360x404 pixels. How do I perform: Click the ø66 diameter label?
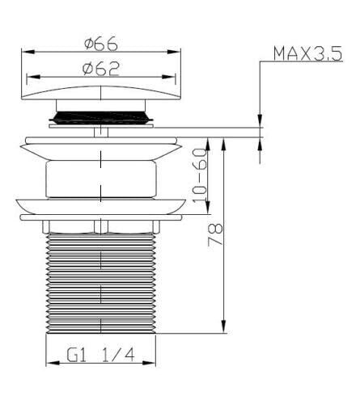pyautogui.click(x=101, y=44)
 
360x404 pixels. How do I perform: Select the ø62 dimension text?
pyautogui.click(x=101, y=69)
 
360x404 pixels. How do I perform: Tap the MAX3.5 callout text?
pyautogui.click(x=307, y=53)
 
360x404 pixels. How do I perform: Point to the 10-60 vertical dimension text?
pyautogui.click(x=200, y=176)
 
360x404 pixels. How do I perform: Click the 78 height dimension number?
pyautogui.click(x=215, y=234)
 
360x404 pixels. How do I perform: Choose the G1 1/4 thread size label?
pyautogui.click(x=100, y=356)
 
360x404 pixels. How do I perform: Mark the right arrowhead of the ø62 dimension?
pyautogui.click(x=168, y=77)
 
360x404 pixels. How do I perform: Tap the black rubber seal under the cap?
pyautogui.click(x=101, y=117)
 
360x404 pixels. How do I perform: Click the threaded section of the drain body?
pyautogui.click(x=101, y=284)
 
